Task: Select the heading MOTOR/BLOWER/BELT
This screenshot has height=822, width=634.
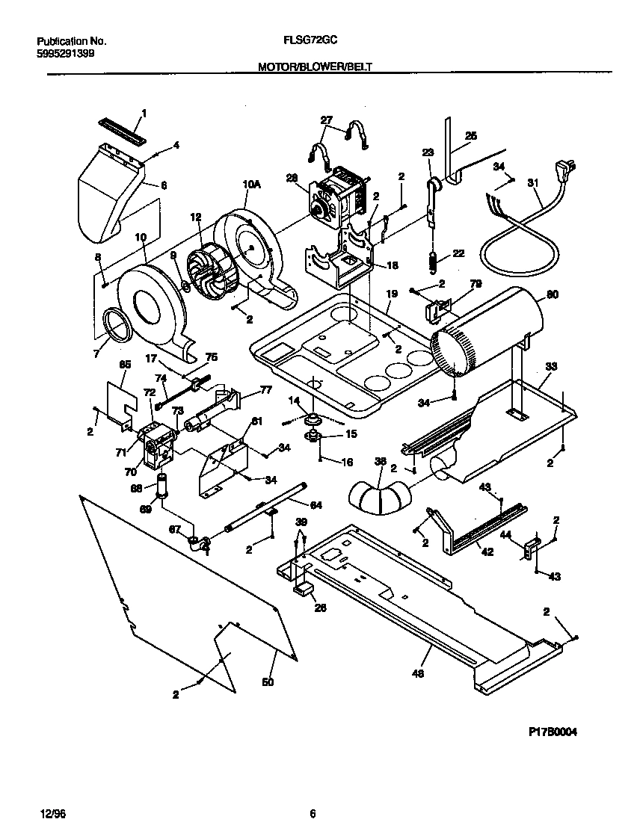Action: pyautogui.click(x=315, y=67)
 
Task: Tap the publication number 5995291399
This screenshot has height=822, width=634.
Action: pyautogui.click(x=65, y=55)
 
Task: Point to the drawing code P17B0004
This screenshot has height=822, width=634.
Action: pyautogui.click(x=547, y=732)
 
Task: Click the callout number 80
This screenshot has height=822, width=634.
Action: pyautogui.click(x=552, y=294)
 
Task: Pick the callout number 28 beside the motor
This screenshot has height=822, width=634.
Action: pyautogui.click(x=292, y=177)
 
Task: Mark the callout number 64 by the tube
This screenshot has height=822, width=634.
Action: pyautogui.click(x=316, y=505)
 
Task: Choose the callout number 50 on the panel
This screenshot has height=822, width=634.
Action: pyautogui.click(x=267, y=682)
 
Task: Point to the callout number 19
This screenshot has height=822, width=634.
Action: pyautogui.click(x=390, y=294)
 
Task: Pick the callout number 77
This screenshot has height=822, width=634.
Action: pyautogui.click(x=265, y=389)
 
